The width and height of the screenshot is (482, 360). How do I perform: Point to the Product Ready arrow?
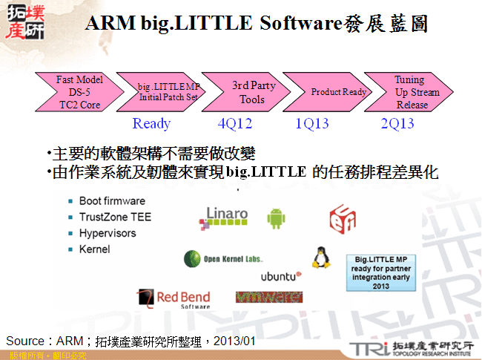click(x=337, y=93)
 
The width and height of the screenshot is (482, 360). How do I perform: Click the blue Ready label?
click(x=151, y=124)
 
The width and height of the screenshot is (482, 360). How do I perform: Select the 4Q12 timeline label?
click(x=235, y=124)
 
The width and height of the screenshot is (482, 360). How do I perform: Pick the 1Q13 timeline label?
click(x=311, y=124)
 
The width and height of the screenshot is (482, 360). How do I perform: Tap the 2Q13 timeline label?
click(x=397, y=124)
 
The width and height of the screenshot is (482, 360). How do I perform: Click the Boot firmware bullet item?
click(x=111, y=201)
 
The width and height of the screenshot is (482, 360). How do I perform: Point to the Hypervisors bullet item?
click(x=108, y=233)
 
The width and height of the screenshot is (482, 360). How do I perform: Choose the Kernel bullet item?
click(x=94, y=249)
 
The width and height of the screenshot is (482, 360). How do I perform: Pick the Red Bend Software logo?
click(x=175, y=298)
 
